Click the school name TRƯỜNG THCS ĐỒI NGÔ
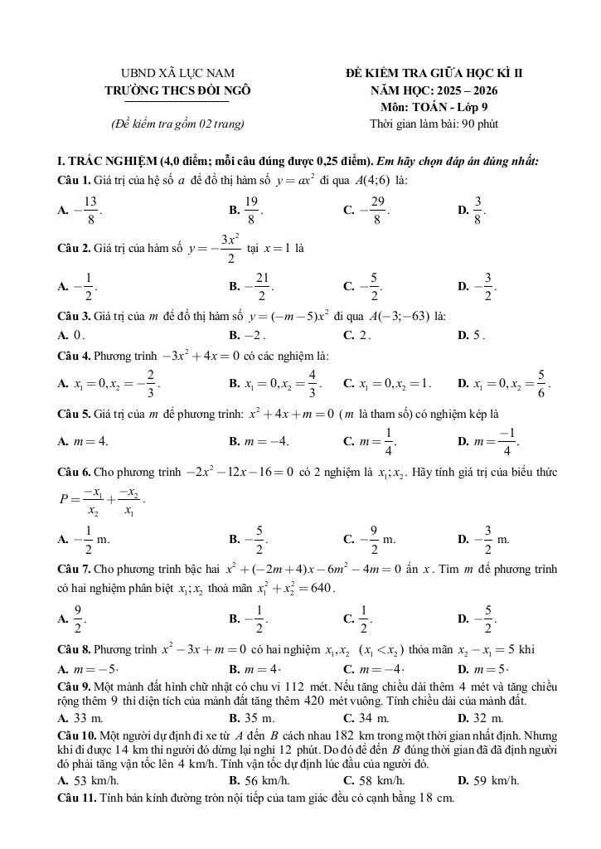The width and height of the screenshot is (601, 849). pos(177,90)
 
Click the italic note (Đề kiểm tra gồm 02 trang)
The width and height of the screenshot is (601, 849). pos(177,124)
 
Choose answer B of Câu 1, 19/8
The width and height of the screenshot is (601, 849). pos(247,211)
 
